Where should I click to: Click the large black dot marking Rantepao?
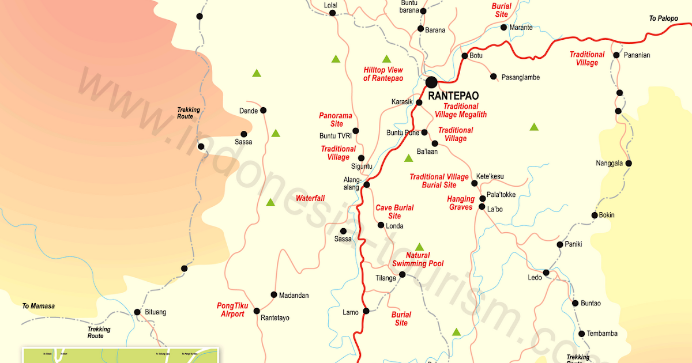[431, 83]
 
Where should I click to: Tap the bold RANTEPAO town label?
[453, 96]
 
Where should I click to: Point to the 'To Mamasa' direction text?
[38, 306]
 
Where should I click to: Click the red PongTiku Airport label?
[232, 310]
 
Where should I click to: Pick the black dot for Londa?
[381, 225]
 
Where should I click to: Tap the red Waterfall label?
[310, 198]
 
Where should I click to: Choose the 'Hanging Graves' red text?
[461, 203]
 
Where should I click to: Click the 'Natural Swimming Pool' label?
[418, 260]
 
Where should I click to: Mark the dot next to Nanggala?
[629, 164]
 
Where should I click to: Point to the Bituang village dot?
[137, 312]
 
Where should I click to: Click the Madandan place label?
[294, 296]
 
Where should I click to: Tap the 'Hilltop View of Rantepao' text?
[383, 74]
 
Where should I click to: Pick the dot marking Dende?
[263, 110]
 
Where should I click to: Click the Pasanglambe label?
[520, 77]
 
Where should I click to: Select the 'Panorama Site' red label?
[336, 119]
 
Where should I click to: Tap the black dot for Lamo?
[365, 312]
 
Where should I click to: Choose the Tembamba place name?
[602, 334]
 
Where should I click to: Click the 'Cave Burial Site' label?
[394, 211]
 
